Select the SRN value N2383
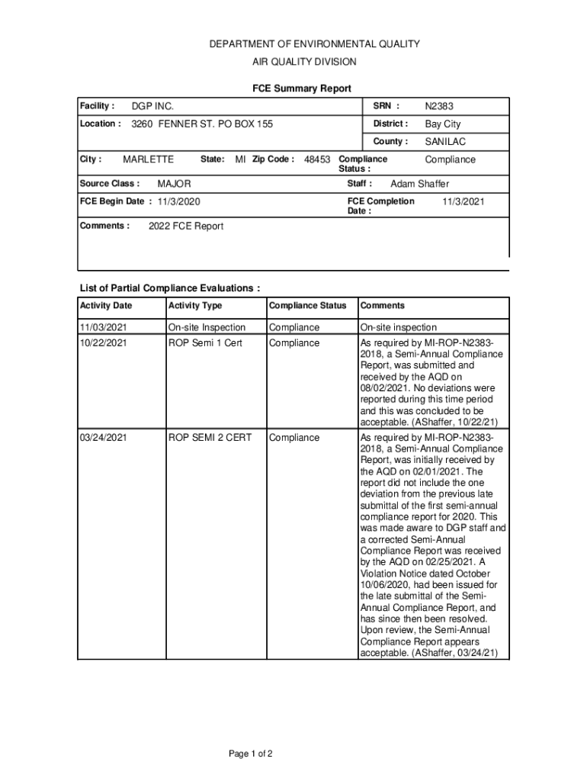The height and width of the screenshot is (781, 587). tap(439, 107)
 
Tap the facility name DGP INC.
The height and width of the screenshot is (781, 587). tap(152, 107)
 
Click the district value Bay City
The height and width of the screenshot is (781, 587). tap(443, 124)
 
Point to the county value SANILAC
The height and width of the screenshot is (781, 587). tap(445, 142)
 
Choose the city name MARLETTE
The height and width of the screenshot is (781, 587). tap(148, 159)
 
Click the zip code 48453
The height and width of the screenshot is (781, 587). tap(317, 160)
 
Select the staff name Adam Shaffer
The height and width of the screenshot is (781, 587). tap(420, 184)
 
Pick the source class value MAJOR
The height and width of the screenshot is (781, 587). tap(174, 185)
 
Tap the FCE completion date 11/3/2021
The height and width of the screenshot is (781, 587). tap(464, 201)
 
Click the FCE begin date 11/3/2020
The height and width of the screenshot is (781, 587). tap(179, 202)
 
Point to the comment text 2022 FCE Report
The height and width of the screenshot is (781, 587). tap(185, 227)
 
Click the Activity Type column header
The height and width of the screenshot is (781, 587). tap(195, 306)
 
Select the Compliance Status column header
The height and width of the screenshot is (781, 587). tap(307, 306)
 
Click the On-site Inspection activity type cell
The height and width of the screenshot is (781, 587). tap(207, 327)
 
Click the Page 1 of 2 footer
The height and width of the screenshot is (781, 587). tap(251, 754)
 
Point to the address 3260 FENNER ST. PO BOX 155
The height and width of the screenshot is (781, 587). tap(202, 124)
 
